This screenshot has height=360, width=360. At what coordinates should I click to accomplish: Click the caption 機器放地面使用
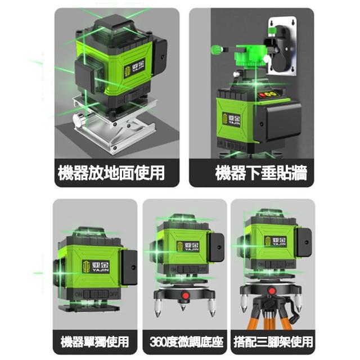[111, 173]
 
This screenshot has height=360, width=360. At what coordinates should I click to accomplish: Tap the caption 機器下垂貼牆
[261, 173]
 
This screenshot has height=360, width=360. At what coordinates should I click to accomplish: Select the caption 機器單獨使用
[95, 342]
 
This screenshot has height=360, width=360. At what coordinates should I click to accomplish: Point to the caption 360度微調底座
[186, 342]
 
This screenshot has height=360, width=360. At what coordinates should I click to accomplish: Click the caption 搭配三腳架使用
[273, 342]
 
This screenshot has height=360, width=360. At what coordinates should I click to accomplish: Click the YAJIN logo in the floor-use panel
[134, 68]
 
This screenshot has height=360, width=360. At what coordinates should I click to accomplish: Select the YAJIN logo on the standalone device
[96, 267]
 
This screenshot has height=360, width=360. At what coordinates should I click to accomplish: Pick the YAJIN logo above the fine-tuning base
[188, 246]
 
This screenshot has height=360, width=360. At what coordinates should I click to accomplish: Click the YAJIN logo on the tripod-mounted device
[275, 241]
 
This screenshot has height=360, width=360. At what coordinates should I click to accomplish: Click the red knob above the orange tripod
[272, 291]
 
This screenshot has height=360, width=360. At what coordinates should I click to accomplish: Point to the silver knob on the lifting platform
[79, 120]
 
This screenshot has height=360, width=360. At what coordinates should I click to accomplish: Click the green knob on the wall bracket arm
[216, 50]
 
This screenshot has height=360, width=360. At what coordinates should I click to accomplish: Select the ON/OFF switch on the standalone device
[96, 294]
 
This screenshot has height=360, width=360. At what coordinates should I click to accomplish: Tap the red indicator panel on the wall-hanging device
[268, 94]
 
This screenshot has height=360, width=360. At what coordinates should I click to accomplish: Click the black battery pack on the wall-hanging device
[277, 123]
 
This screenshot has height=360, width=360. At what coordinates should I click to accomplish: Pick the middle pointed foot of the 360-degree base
[183, 307]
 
